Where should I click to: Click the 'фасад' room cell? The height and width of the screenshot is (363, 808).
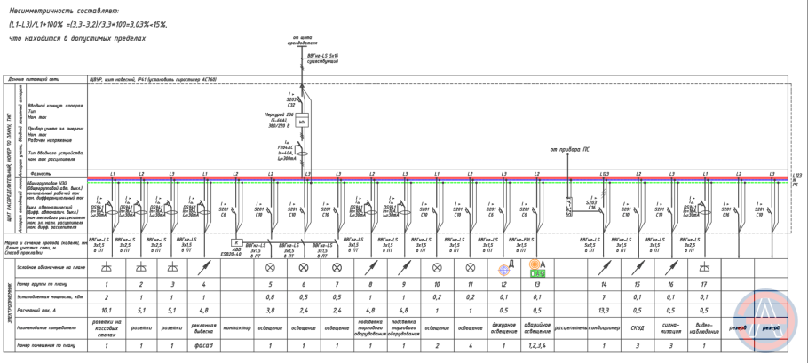coord(204,343)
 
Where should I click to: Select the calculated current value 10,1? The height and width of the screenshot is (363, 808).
coord(106,311)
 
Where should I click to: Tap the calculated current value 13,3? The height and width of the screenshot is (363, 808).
coord(604,311)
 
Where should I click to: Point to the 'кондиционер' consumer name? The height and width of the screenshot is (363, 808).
coord(604,327)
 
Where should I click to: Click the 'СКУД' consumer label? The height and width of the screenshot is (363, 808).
coord(638,327)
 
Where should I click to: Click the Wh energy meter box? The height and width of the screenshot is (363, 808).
coord(301,122)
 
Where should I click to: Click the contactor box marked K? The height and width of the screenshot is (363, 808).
coord(237,241)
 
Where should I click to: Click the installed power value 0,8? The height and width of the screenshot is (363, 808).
coord(271,297)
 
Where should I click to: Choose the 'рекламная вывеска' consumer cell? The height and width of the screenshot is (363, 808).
coord(204,327)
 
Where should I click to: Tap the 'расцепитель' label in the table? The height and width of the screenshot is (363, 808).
coord(570,327)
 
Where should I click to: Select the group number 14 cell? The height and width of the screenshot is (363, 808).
coord(604,284)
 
